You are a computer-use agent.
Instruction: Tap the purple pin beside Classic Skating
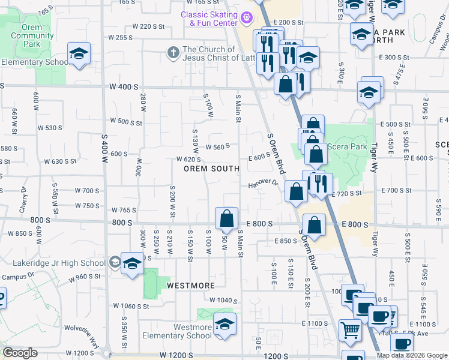click(246, 19)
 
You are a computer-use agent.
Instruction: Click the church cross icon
click(173, 52)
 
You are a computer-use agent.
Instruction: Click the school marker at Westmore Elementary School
click(224, 325)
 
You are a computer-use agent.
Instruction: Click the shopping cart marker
click(351, 329)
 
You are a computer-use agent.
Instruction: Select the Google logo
click(20, 353)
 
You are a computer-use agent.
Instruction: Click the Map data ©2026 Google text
click(412, 355)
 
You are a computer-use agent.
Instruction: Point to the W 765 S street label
click(125, 209)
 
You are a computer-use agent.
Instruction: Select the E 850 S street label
click(286, 241)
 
